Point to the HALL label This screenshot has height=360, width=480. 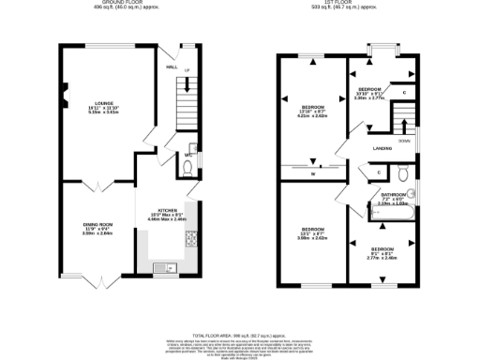(x=172, y=67)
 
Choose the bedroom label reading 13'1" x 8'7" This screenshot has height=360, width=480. (x=313, y=233)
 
